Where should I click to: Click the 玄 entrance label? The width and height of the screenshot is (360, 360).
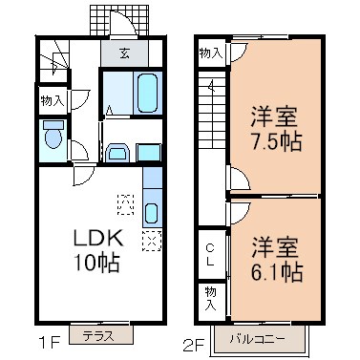[126, 53]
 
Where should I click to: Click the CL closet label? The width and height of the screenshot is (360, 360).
[211, 255]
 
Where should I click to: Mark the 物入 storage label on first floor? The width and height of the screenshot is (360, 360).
[53, 99]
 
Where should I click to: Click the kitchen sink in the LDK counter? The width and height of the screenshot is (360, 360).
[152, 212]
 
